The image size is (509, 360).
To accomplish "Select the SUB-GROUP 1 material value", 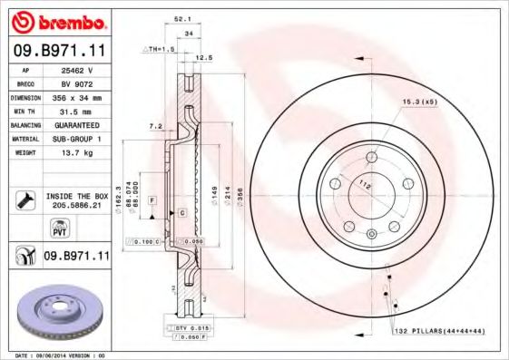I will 75,139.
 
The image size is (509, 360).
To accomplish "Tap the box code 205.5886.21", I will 76,206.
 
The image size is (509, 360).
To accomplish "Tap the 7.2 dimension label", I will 154,126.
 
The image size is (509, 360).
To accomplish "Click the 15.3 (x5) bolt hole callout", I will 419,102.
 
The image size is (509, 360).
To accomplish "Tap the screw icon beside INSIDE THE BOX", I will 24,199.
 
